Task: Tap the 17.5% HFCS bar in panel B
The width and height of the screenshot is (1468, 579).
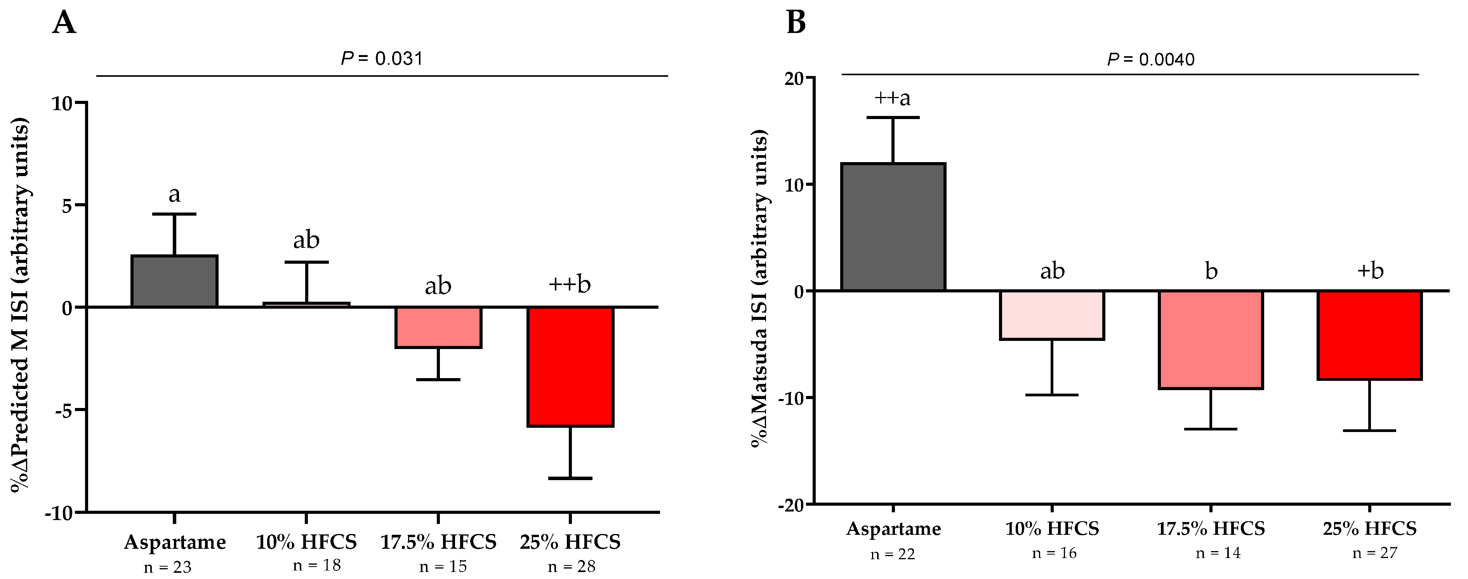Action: click(x=1211, y=339)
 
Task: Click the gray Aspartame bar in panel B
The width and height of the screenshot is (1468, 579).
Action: click(x=893, y=227)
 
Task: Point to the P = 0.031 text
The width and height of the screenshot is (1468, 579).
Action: click(x=382, y=58)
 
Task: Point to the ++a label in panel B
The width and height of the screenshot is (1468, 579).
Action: click(x=893, y=98)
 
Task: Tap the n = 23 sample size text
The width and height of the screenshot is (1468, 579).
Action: click(x=168, y=567)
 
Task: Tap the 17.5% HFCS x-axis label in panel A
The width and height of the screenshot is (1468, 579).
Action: click(x=438, y=541)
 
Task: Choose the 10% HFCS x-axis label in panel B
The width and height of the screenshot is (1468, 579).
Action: click(x=1052, y=528)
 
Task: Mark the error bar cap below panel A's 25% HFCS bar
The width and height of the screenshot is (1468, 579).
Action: click(x=570, y=478)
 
